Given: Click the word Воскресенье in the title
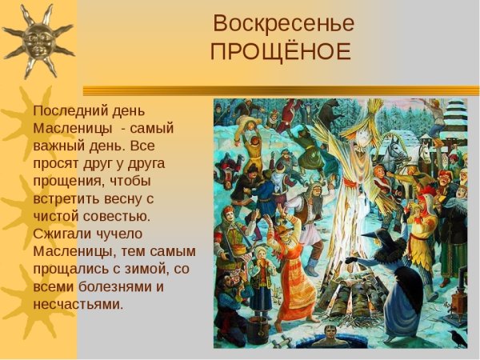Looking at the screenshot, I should (285, 23).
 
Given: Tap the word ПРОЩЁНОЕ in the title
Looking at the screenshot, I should (280, 51).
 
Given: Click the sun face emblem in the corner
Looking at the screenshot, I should (36, 36).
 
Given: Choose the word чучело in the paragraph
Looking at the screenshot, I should (121, 234).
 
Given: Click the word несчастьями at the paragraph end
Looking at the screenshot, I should (78, 304).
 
